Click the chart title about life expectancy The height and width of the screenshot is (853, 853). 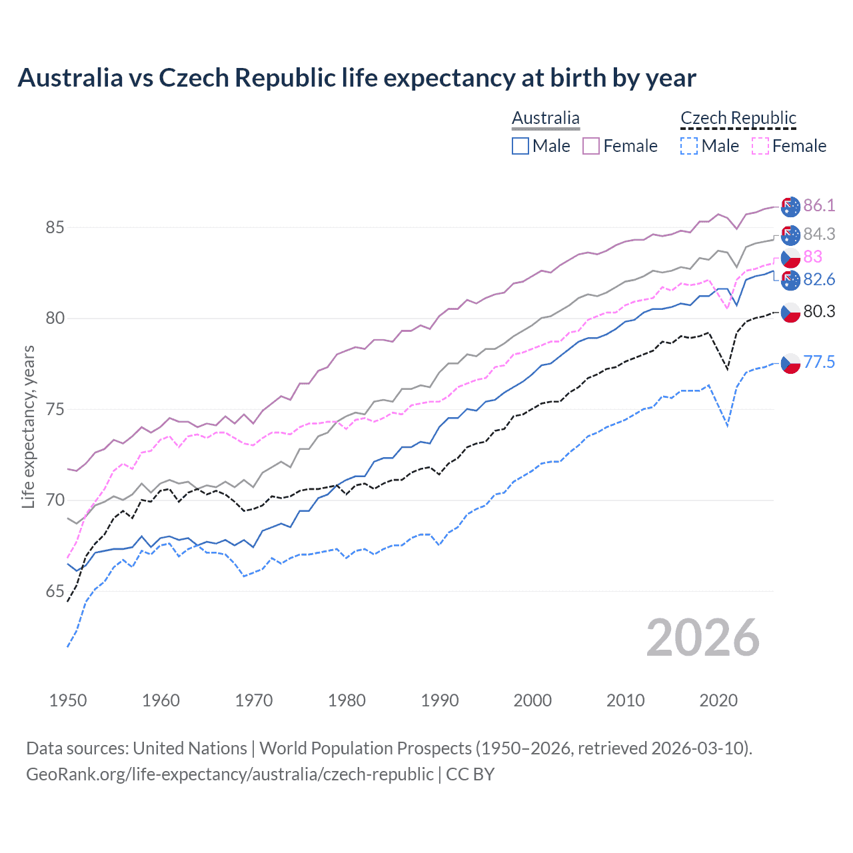[357, 78]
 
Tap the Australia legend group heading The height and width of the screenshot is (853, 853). [546, 118]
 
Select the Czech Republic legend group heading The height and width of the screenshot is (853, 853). [738, 118]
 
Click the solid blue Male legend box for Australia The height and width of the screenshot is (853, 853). [520, 146]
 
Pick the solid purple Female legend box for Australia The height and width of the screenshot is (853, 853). [591, 146]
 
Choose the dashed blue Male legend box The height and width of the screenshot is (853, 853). [689, 146]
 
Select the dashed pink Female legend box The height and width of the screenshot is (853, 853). [760, 146]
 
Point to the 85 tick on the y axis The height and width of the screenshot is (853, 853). [55, 227]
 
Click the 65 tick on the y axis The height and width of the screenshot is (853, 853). [55, 591]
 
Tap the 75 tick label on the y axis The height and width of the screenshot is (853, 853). [55, 409]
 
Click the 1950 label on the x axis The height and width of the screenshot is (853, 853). [68, 700]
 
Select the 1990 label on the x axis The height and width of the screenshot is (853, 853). [440, 700]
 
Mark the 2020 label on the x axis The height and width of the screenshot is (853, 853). [718, 700]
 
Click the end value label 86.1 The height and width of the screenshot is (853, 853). [819, 205]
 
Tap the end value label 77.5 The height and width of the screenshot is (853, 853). [819, 362]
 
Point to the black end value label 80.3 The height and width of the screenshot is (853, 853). [819, 311]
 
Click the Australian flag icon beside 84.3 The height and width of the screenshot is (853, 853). [790, 235]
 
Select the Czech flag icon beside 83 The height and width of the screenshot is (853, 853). [790, 258]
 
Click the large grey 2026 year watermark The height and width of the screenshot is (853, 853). [702, 638]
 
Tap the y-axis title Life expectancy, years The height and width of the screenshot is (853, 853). [29, 426]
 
